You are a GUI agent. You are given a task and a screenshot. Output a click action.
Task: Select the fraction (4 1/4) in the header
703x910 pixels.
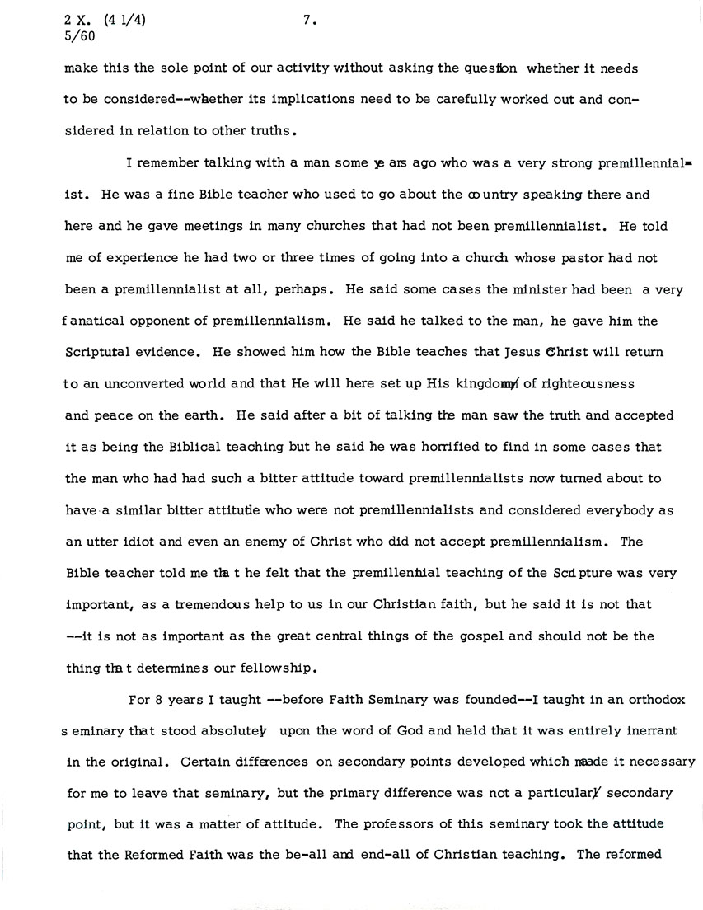[x=125, y=22]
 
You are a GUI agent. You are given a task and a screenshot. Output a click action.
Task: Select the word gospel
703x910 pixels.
[x=499, y=636]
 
